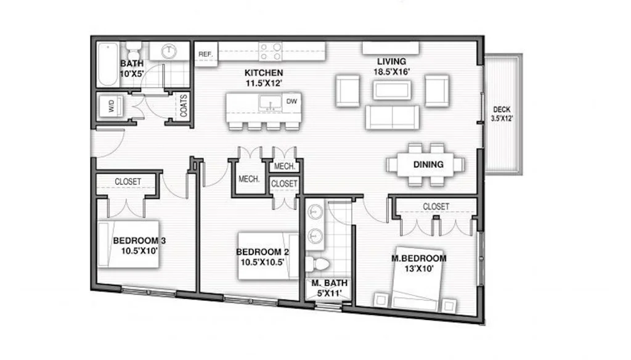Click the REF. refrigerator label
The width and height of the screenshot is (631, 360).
pyautogui.click(x=205, y=54)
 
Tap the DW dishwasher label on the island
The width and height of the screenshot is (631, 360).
pyautogui.click(x=291, y=101)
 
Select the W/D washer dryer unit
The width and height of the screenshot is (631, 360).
pyautogui.click(x=111, y=107)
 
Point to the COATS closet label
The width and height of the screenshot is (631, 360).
pyautogui.click(x=184, y=106)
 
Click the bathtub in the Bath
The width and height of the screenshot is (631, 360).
pyautogui.click(x=108, y=65)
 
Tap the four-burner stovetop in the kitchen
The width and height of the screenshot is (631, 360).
pyautogui.click(x=270, y=52)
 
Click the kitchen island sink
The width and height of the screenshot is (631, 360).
pyautogui.click(x=271, y=103)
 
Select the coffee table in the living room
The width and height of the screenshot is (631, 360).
pyautogui.click(x=392, y=90)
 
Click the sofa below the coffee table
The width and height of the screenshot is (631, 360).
pyautogui.click(x=392, y=117)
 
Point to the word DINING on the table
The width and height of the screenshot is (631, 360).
pyautogui.click(x=428, y=165)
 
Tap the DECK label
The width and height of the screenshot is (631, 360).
pyautogui.click(x=502, y=110)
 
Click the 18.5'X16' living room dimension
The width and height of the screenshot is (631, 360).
pyautogui.click(x=391, y=72)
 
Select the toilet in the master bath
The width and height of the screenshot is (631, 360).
pyautogui.click(x=318, y=264)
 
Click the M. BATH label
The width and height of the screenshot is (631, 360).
pyautogui.click(x=329, y=283)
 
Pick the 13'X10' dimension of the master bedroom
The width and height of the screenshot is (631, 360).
pyautogui.click(x=418, y=268)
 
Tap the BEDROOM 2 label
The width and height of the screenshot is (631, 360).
pyautogui.click(x=263, y=252)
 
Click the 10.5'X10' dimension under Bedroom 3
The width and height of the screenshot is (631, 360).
pyautogui.click(x=139, y=251)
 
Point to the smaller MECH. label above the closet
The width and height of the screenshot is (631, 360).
pyautogui.click(x=285, y=166)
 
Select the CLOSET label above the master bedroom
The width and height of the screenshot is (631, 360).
pyautogui.click(x=436, y=207)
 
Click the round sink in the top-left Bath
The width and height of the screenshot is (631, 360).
pyautogui.click(x=169, y=51)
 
